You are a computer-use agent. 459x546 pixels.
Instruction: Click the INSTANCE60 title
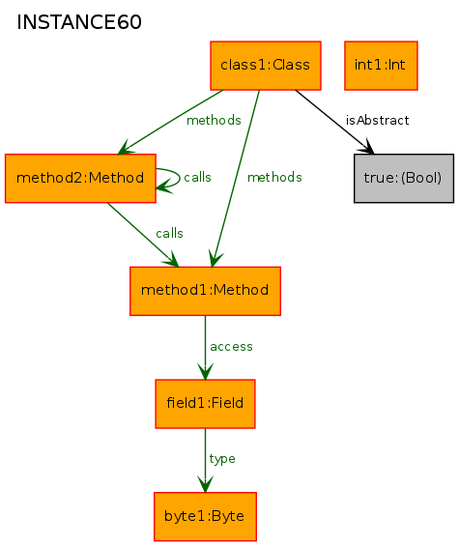79,22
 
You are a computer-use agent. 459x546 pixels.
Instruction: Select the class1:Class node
266,66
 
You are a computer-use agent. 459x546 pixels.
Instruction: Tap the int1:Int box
381,66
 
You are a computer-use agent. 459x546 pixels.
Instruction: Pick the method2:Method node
80,178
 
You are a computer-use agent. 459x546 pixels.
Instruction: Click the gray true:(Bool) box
404,178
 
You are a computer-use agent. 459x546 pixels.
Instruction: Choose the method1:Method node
205,291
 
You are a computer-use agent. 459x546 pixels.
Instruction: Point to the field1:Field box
205,404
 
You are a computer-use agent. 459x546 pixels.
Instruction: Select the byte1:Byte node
205,517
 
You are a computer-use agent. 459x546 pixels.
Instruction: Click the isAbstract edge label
377,121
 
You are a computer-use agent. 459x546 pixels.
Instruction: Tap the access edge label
231,347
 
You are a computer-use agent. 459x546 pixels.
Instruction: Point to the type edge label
222,459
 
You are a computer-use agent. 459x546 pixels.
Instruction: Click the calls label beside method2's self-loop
197,177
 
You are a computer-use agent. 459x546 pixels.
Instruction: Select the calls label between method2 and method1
169,233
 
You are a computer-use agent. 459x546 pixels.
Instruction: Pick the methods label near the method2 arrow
214,121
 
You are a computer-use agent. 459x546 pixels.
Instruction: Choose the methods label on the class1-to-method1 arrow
274,177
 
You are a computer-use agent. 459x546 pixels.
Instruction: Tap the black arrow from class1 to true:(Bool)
334,122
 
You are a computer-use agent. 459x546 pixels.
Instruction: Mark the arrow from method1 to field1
205,348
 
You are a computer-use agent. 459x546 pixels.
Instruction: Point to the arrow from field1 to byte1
205,461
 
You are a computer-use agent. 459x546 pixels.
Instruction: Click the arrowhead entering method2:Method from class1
125,148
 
